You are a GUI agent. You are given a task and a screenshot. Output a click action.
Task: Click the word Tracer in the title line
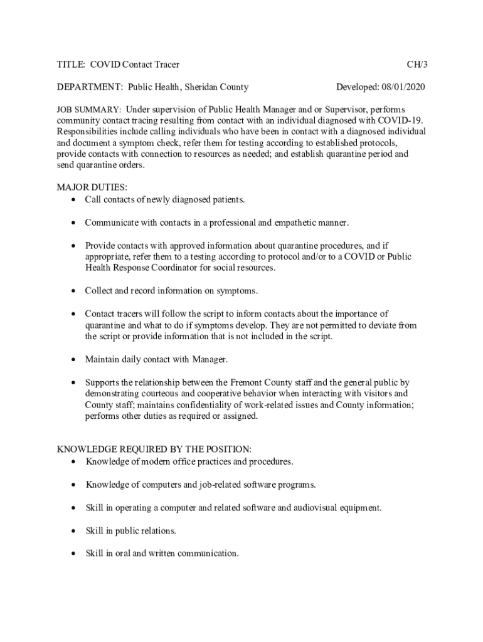tap(166, 64)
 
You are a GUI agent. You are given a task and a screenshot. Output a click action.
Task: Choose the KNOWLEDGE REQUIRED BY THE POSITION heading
tap(154, 449)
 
